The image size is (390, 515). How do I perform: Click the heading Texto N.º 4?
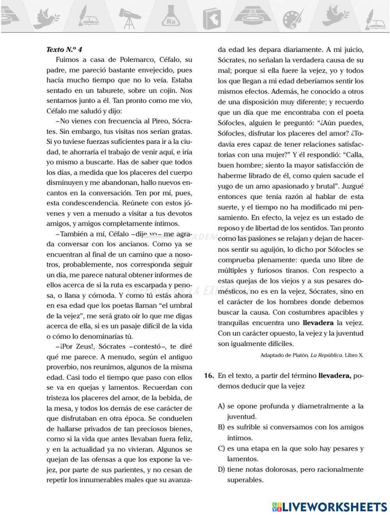click(64, 50)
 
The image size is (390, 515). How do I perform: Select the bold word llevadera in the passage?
click(318, 323)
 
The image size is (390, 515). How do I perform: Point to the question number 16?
click(209, 376)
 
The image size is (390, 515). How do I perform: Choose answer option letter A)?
click(221, 406)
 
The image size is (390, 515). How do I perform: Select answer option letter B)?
click(221, 427)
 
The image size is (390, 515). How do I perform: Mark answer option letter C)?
click(221, 448)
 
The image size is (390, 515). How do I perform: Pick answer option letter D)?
click(221, 469)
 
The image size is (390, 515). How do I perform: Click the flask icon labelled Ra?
click(171, 18)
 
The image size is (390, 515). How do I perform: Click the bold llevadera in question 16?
click(335, 376)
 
